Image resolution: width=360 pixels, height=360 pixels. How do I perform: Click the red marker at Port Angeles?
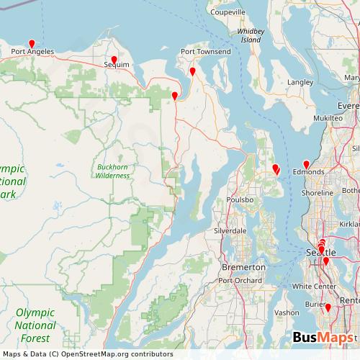coord(31,43)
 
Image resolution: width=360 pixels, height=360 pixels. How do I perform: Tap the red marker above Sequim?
coord(114,60)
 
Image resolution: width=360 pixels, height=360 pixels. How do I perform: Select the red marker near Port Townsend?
coord(192,71)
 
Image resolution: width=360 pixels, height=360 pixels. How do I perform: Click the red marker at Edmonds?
coord(306,164)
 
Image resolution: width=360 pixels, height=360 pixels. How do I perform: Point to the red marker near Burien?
coord(328,308)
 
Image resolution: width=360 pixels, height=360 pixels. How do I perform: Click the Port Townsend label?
coord(205,53)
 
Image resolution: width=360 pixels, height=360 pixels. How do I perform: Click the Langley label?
coord(300,83)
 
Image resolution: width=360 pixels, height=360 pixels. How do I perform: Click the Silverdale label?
coord(230,231)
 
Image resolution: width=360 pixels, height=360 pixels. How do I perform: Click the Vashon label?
coord(287,312)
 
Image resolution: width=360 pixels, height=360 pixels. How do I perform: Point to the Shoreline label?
coord(317,194)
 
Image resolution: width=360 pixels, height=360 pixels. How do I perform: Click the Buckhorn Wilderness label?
coord(112,171)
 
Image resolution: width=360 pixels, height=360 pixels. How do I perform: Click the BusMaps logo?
coord(323,338)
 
